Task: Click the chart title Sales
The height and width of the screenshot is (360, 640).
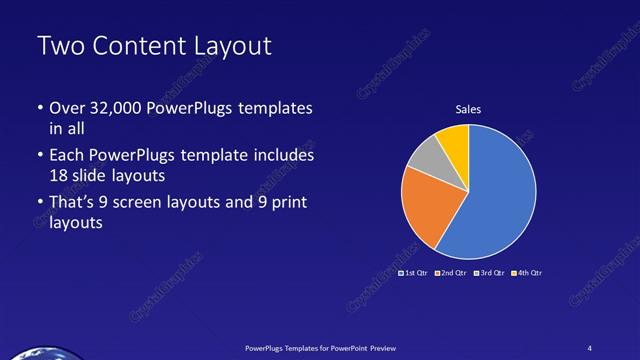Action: click(x=468, y=110)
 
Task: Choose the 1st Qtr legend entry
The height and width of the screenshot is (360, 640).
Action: click(x=413, y=272)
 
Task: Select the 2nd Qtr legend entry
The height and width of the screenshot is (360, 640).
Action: click(x=449, y=272)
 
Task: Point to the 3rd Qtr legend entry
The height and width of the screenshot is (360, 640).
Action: click(x=487, y=272)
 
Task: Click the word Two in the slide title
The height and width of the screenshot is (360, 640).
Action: click(x=59, y=46)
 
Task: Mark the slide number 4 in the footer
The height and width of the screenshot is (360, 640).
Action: click(x=591, y=347)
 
